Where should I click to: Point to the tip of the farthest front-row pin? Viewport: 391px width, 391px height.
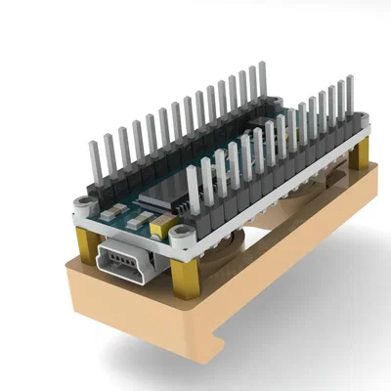pyautogui.click(x=349, y=81)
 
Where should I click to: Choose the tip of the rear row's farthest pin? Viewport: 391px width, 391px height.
pyautogui.click(x=262, y=67)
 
